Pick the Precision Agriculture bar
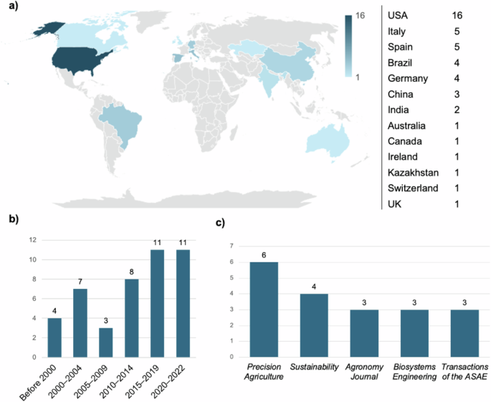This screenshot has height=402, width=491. point(264,309)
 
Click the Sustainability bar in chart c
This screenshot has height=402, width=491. point(314,325)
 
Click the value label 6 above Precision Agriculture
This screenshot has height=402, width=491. point(264,254)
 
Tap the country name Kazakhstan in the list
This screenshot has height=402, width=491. point(412,173)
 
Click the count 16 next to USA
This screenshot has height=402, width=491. point(459,15)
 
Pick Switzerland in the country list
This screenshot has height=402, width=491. point(413,188)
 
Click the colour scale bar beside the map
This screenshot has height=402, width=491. point(348,46)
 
